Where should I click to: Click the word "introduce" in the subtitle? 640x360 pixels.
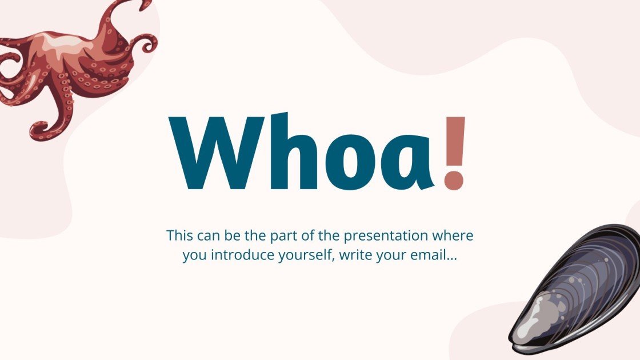pyautogui.click(x=237, y=255)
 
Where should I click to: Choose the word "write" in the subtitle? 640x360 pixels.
pyautogui.click(x=355, y=255)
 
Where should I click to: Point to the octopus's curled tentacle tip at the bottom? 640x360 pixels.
pyautogui.click(x=40, y=130)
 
